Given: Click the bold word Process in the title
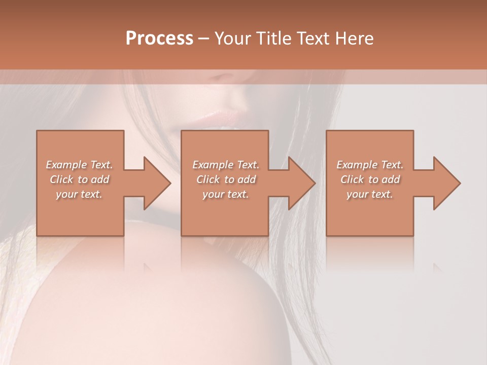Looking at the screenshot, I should click(x=159, y=39).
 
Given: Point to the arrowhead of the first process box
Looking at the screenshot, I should click(x=157, y=183).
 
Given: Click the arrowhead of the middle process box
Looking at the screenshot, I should click(x=301, y=183).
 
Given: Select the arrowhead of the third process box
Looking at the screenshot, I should click(x=446, y=183).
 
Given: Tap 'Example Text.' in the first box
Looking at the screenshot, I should click(x=80, y=165).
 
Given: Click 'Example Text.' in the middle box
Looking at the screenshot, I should click(x=226, y=165).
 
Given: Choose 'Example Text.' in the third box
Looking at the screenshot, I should click(x=370, y=165).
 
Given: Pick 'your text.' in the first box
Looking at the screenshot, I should click(x=79, y=194).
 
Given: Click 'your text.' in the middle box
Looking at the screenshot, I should click(x=226, y=194).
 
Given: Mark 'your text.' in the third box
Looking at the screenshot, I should click(x=370, y=194).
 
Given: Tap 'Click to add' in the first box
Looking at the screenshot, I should click(x=80, y=179).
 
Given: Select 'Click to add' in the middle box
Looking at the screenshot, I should click(x=226, y=179).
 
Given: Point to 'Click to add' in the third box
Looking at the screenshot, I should click(x=370, y=179).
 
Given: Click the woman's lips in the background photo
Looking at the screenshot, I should click(x=223, y=118).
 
